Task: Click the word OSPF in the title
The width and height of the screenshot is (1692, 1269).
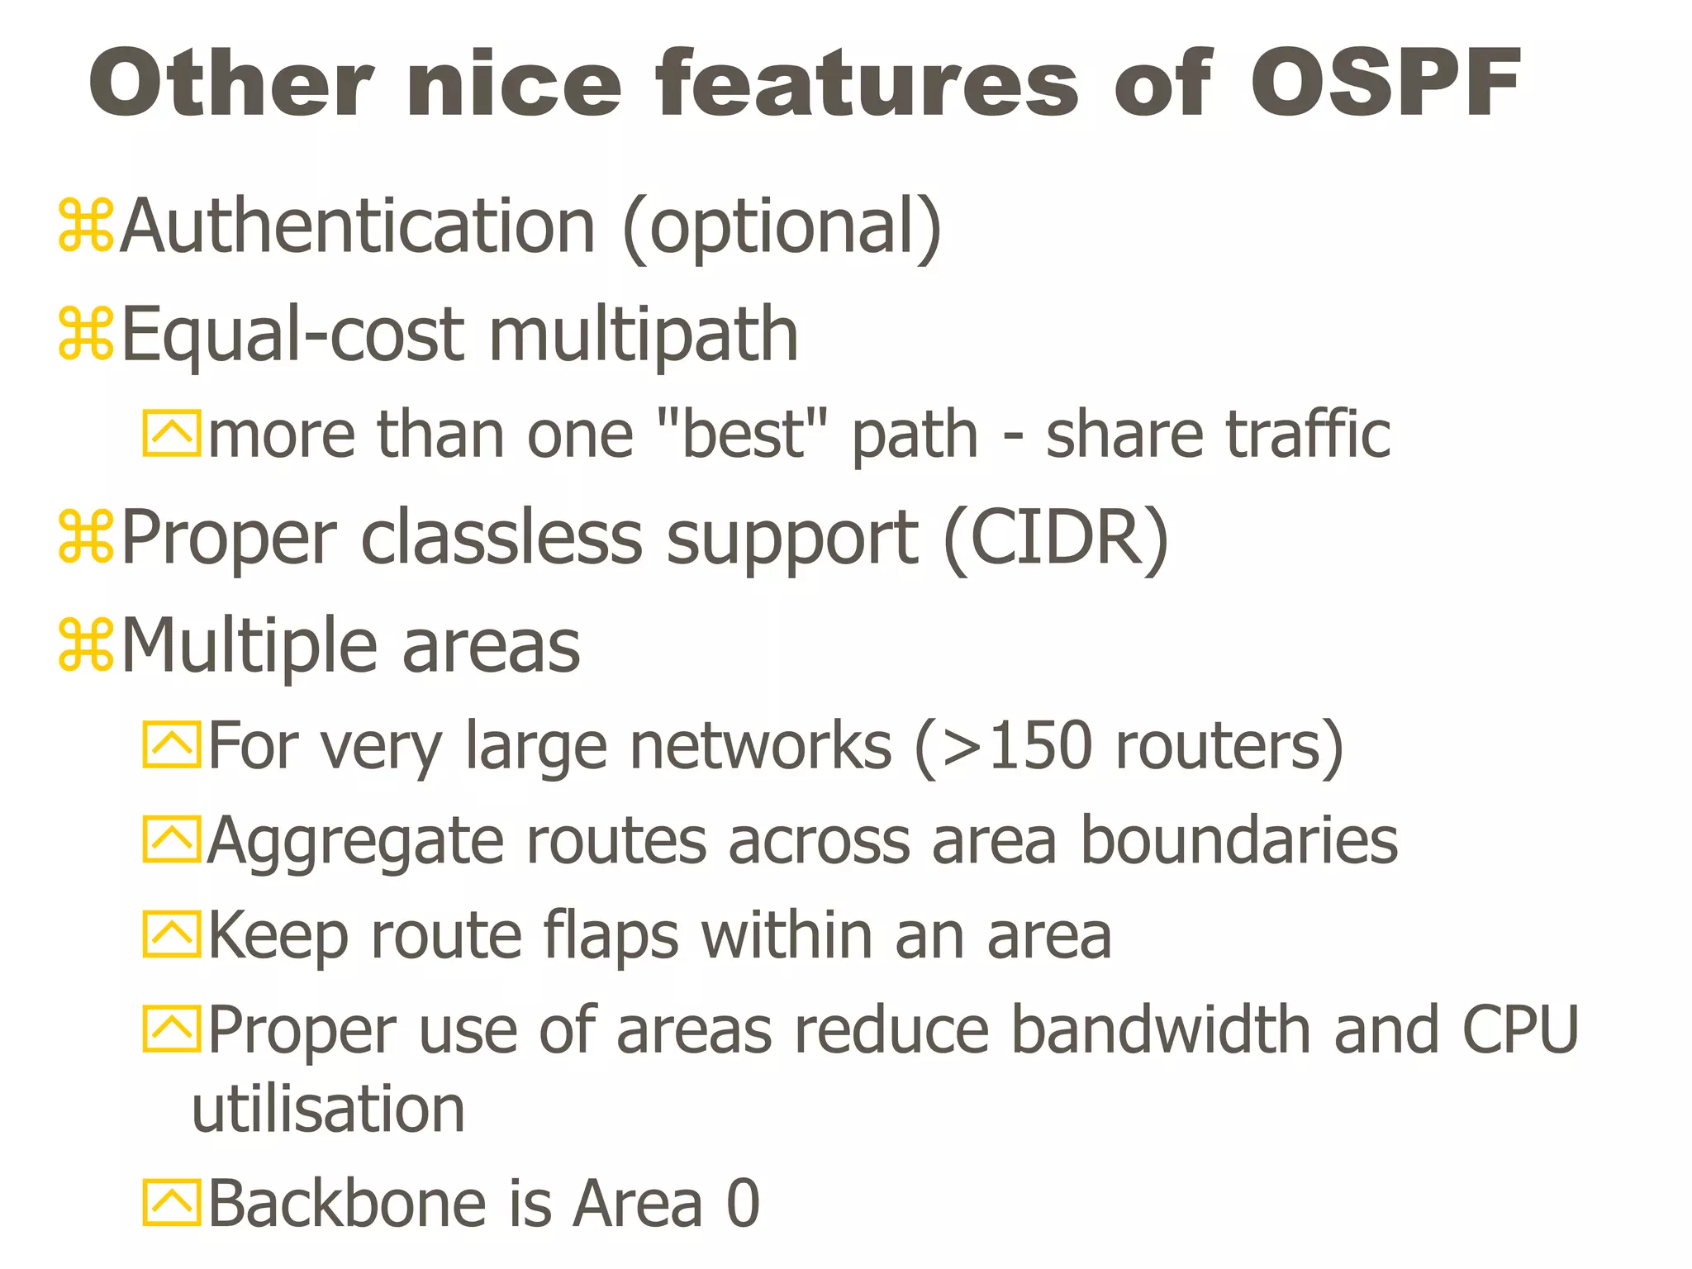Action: (x=1385, y=83)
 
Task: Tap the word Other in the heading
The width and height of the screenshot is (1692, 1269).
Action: (x=231, y=83)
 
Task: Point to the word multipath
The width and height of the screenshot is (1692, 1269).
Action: (x=644, y=335)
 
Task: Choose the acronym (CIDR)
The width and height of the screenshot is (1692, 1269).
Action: (x=1056, y=538)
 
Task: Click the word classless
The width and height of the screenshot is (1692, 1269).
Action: (x=501, y=538)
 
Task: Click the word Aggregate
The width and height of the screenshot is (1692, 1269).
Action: (x=355, y=841)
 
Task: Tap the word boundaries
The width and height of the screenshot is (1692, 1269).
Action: (x=1239, y=841)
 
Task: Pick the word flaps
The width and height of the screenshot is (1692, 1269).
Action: (x=611, y=936)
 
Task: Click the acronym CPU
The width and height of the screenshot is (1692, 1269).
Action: (x=1521, y=1030)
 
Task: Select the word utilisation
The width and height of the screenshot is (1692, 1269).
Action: (x=328, y=1109)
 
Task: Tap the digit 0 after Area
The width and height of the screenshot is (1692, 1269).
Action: (x=743, y=1204)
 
